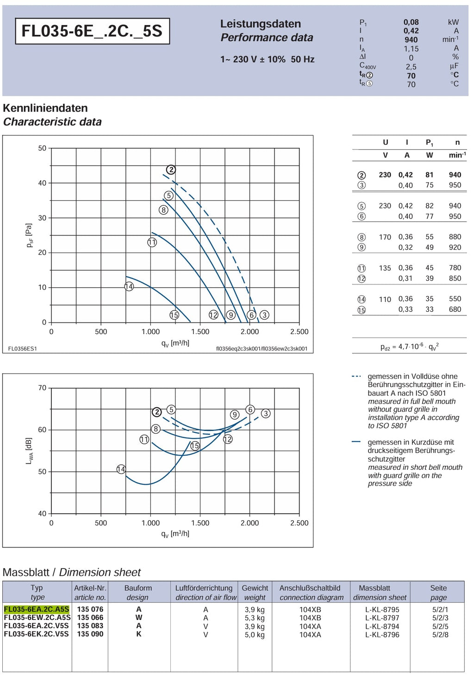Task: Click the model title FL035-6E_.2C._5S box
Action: point(92,31)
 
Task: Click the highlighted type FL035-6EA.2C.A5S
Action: point(37,609)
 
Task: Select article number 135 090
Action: point(90,634)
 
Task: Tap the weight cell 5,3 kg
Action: point(255,618)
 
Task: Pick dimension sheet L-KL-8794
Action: point(382,626)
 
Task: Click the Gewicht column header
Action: point(255,588)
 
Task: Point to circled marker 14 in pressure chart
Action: point(129,286)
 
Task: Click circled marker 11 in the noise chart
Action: point(144,439)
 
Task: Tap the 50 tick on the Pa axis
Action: point(42,148)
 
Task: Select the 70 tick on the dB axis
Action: point(42,388)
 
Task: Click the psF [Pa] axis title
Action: point(30,235)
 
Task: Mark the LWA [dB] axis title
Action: point(29,450)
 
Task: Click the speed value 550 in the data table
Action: point(455,298)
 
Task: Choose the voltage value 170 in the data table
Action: point(385,237)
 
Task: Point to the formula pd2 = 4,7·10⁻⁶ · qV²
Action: point(410,346)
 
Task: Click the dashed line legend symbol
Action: point(356,376)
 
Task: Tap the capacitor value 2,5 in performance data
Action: point(411,66)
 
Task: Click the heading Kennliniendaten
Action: point(45,108)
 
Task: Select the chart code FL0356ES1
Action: point(23,348)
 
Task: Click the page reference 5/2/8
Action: point(440,634)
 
